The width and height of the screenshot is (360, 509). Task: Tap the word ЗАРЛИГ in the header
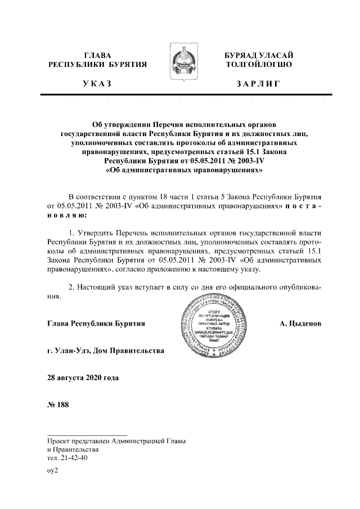258,84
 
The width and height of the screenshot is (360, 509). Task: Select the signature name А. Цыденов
300,324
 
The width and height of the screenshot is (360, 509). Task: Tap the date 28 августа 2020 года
83,378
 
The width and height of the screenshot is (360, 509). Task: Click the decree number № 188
58,406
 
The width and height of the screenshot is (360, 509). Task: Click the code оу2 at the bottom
53,471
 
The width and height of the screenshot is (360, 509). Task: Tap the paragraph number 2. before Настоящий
71,287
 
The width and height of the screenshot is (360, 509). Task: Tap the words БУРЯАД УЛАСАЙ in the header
258,55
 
